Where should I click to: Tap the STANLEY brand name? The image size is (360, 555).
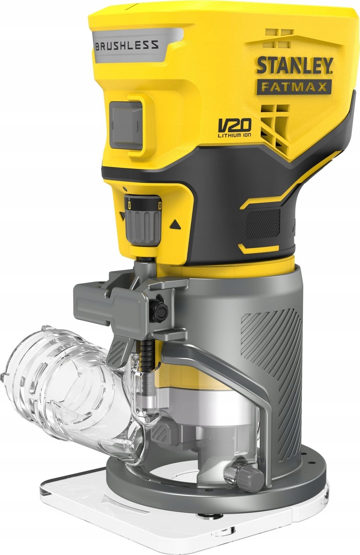click(295, 66)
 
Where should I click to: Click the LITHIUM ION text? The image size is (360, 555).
click(234, 134)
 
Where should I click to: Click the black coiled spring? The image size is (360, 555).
click(147, 354)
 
